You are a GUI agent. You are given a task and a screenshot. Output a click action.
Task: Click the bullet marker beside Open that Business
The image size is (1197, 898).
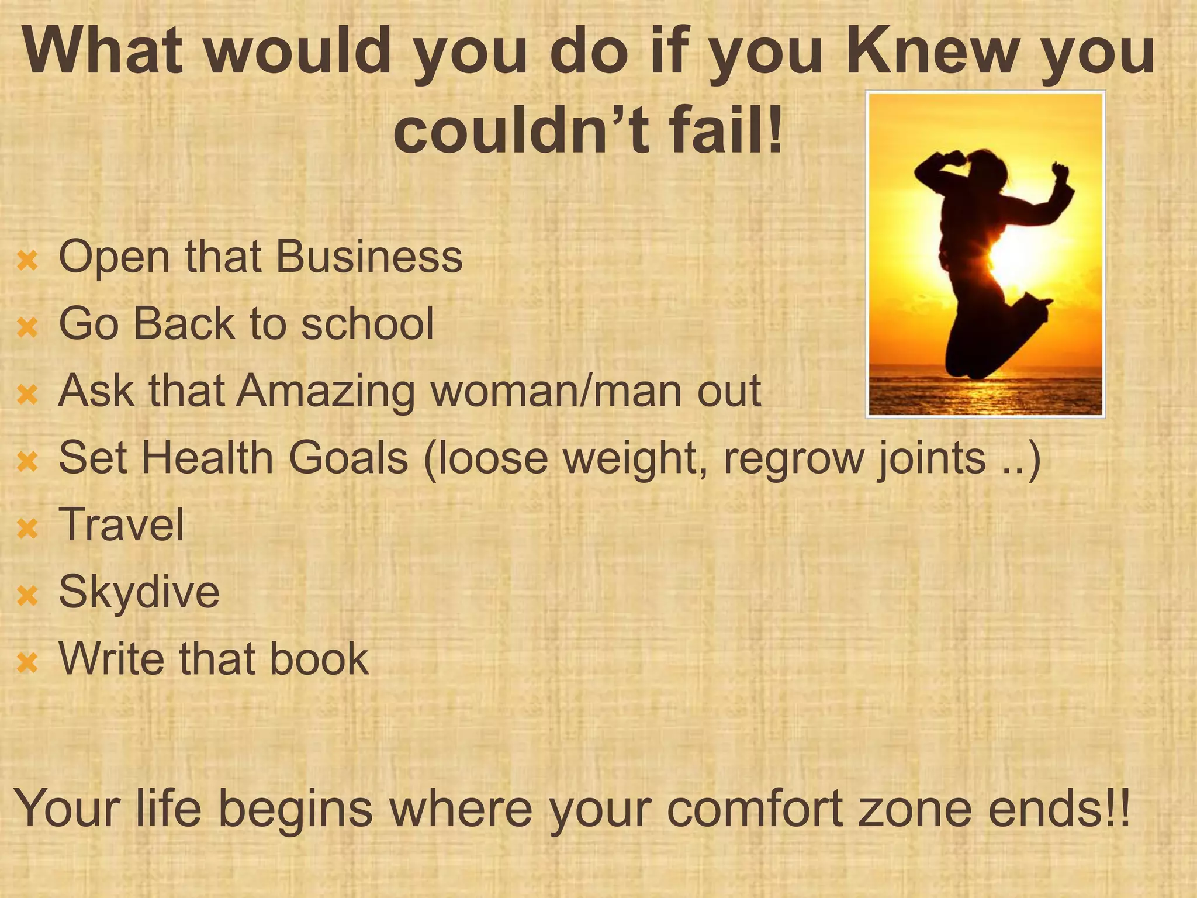(27, 260)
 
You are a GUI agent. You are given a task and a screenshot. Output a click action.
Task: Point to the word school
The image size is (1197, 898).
(368, 323)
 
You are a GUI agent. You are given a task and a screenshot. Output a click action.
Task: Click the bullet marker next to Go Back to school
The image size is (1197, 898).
(27, 327)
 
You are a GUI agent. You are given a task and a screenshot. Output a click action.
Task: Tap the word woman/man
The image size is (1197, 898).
(555, 391)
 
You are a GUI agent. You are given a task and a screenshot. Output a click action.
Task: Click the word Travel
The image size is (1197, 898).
(122, 524)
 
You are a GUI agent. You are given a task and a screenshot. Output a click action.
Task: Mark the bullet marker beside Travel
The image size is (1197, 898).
(27, 529)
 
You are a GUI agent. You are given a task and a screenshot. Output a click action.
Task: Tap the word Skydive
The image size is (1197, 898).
(139, 592)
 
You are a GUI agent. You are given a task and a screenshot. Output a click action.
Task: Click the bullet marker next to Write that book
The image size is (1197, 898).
(27, 663)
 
